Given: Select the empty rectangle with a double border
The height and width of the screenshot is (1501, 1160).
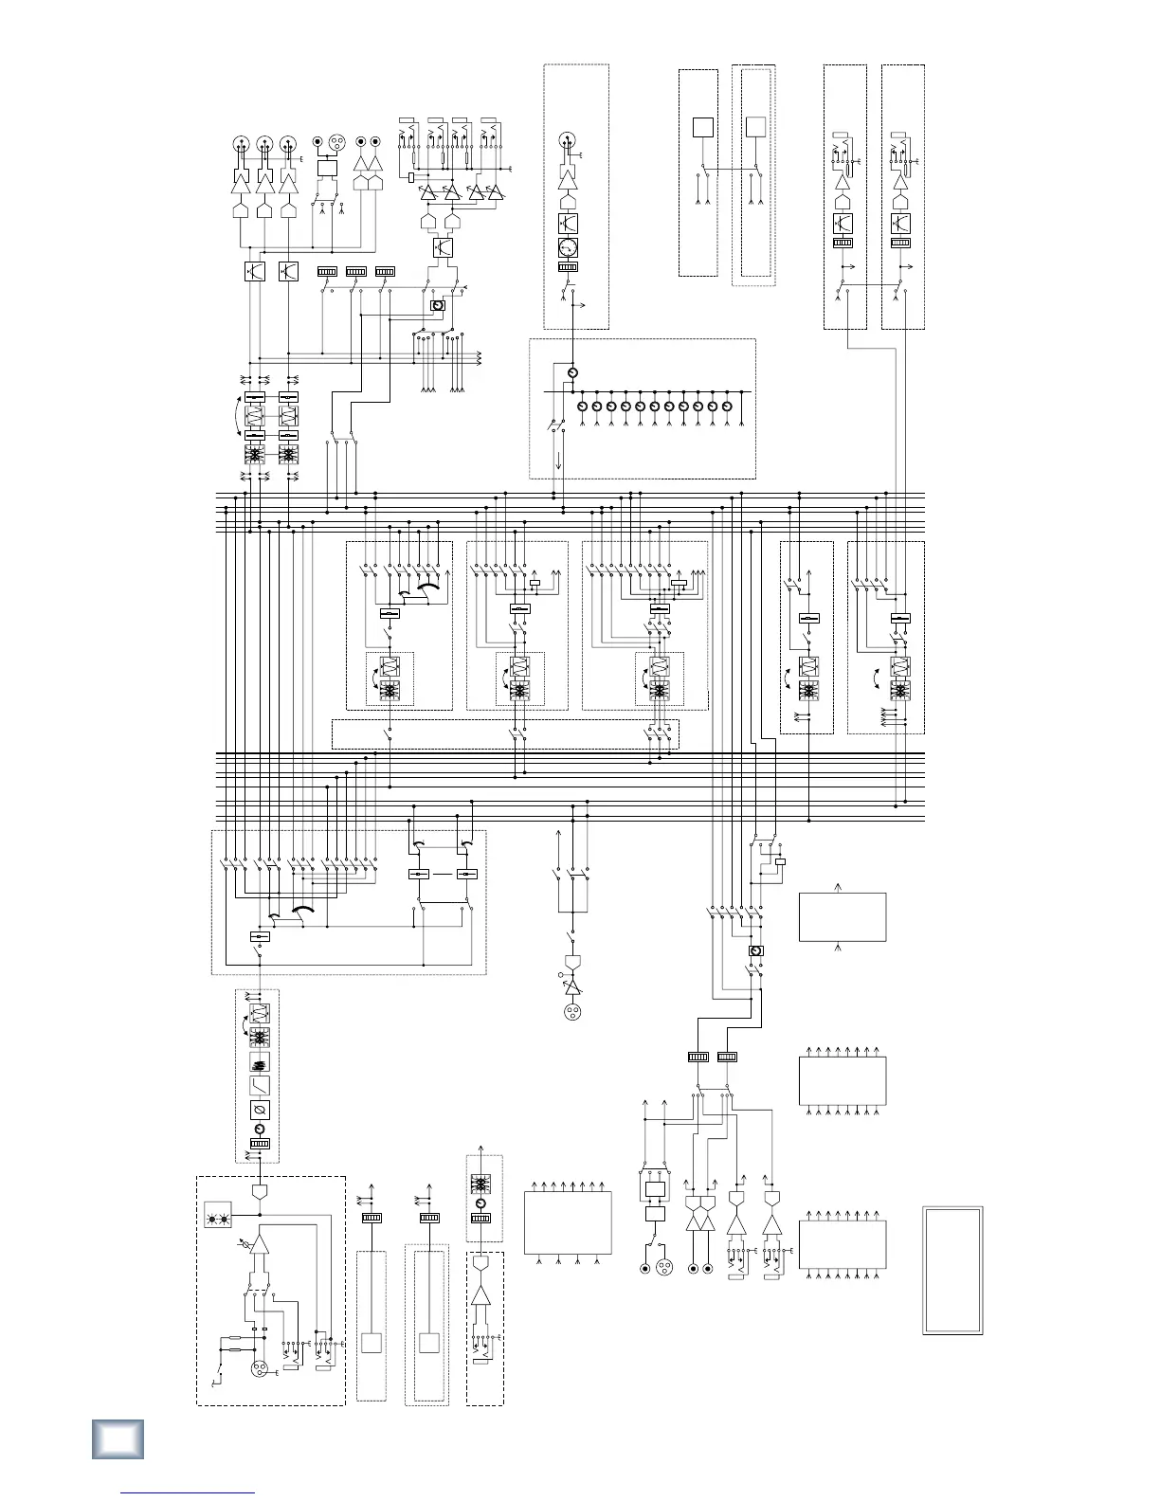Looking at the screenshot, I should pyautogui.click(x=952, y=1270).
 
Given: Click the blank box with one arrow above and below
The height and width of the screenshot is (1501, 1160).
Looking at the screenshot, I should pyautogui.click(x=843, y=916).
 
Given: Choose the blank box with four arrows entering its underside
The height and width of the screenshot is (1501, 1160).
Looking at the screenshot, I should pyautogui.click(x=567, y=1226).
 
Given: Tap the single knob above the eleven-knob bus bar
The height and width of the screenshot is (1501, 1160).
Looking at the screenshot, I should pyautogui.click(x=571, y=373).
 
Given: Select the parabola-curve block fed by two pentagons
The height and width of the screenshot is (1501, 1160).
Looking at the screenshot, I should pyautogui.click(x=442, y=248).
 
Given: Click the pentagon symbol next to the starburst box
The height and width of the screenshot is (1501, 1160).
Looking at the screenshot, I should pyautogui.click(x=259, y=1191).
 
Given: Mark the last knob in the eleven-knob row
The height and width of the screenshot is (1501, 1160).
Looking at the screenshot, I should pyautogui.click(x=727, y=407).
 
